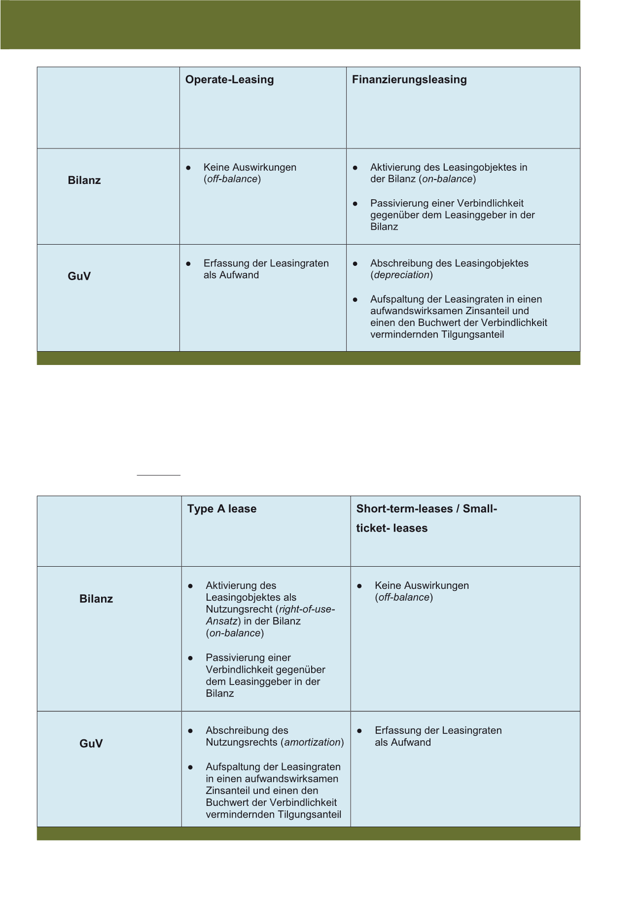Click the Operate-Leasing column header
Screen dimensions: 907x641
point(229,80)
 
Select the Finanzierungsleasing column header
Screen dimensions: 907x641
point(409,80)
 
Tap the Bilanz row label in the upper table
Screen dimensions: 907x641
point(84,181)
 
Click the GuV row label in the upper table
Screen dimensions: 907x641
point(79,276)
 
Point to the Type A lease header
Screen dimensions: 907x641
point(222,509)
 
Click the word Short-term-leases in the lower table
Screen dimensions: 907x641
point(404,509)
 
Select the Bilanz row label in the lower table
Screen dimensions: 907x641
point(96,599)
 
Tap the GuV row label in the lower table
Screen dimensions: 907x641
point(91,744)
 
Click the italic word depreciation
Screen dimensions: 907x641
point(402,275)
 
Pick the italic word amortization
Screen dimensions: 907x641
point(313,743)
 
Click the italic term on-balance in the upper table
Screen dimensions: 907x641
point(448,179)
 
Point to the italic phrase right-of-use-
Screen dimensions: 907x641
point(307,610)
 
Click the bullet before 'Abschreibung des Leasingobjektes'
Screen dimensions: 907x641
point(355,264)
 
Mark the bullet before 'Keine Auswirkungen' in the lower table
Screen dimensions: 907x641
point(359,586)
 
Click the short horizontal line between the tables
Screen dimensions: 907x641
point(158,475)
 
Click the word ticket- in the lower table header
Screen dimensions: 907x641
point(372,528)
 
